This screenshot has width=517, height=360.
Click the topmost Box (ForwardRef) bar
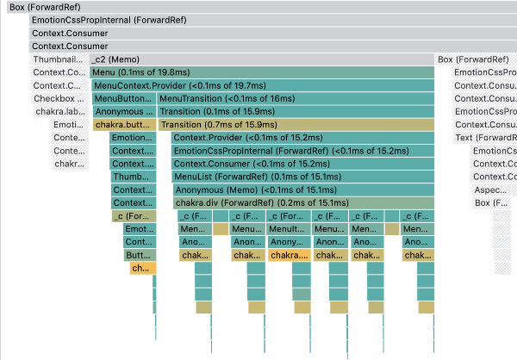click(258, 7)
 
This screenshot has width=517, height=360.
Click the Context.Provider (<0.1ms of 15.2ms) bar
click(302, 138)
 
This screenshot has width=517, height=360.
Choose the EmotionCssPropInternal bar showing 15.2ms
click(302, 151)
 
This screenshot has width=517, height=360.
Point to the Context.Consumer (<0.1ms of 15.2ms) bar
click(302, 164)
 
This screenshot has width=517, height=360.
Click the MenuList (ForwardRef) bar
click(302, 177)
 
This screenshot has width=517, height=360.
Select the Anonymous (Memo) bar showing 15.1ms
click(302, 189)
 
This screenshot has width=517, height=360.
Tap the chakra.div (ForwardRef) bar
click(302, 202)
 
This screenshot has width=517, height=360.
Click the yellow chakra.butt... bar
click(123, 124)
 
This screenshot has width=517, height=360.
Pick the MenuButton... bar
click(122, 98)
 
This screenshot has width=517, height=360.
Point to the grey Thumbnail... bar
click(59, 59)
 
